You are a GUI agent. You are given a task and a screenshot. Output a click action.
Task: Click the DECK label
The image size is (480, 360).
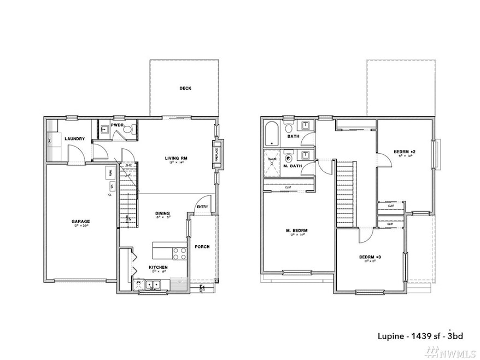pyautogui.click(x=185, y=88)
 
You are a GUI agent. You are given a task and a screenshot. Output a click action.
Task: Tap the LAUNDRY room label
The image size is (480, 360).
pyautogui.click(x=74, y=139)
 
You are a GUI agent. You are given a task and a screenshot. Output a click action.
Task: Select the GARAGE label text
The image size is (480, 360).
pyautogui.click(x=80, y=222)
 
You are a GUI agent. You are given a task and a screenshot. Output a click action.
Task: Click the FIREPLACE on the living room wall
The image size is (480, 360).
pyautogui.click(x=216, y=151)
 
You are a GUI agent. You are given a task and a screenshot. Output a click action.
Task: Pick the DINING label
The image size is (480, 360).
pyautogui.click(x=162, y=213)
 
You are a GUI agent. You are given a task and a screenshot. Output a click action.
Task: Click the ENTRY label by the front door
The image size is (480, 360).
pyautogui.click(x=202, y=207)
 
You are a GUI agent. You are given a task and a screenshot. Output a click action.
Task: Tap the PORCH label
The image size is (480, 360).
pyautogui.click(x=202, y=247)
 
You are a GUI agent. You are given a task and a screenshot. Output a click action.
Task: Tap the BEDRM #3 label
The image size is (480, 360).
pyautogui.click(x=370, y=257)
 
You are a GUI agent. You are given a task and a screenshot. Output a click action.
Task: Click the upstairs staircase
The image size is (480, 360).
pyautogui.click(x=344, y=194)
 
